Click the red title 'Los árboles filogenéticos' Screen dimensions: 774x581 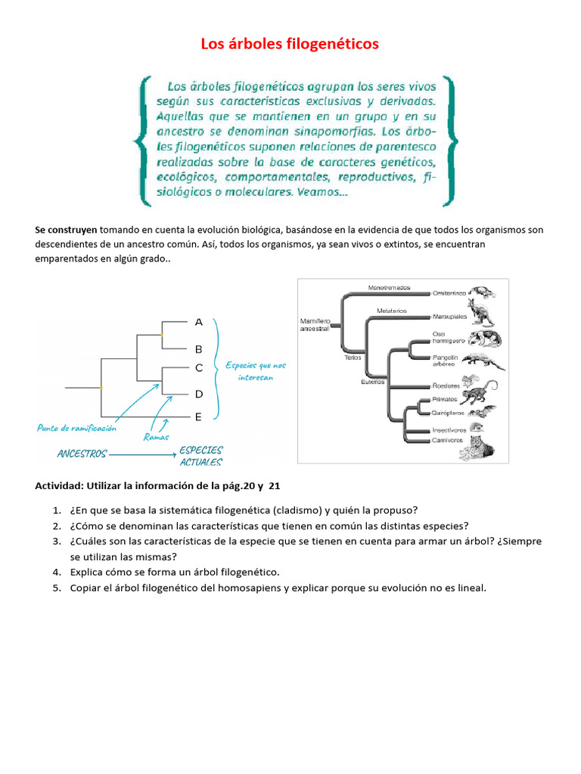tap(290, 45)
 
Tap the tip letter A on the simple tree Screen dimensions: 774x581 tap(199, 322)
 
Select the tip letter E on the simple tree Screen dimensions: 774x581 tap(198, 416)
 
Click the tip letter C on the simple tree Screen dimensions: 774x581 tap(199, 368)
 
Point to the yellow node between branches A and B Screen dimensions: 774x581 tap(162, 334)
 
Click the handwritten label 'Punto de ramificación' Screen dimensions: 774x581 tap(76, 428)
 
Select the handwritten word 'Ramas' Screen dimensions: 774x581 tap(156, 437)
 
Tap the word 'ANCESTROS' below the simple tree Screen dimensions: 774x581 tap(82, 454)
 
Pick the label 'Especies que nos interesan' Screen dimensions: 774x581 tap(255, 371)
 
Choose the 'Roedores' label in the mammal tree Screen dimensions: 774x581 tap(446, 385)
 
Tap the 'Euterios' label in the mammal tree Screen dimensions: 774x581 tap(372, 382)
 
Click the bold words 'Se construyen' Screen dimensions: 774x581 tap(66, 230)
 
